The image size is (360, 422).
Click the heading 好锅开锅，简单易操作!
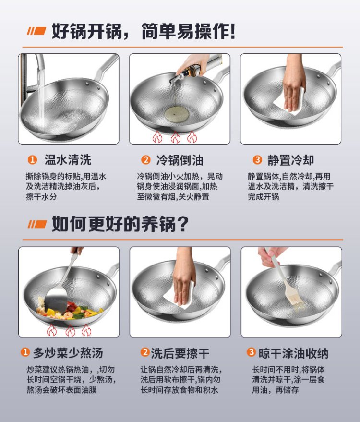[144, 32]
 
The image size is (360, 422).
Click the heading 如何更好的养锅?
[120, 224]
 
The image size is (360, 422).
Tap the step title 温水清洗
[68, 160]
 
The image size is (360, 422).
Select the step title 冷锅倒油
[180, 160]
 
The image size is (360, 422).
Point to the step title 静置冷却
[290, 160]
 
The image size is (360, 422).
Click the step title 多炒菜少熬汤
[68, 353]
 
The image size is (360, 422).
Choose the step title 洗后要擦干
[180, 353]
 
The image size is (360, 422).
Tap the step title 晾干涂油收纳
[293, 353]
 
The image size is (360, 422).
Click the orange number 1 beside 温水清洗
[32, 160]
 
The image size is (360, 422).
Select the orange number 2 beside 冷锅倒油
[145, 160]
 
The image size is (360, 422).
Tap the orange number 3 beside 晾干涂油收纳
[251, 352]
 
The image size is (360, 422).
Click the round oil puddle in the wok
[177, 114]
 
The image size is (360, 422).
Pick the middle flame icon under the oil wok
[175, 137]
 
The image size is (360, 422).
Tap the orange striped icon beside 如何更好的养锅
[37, 224]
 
